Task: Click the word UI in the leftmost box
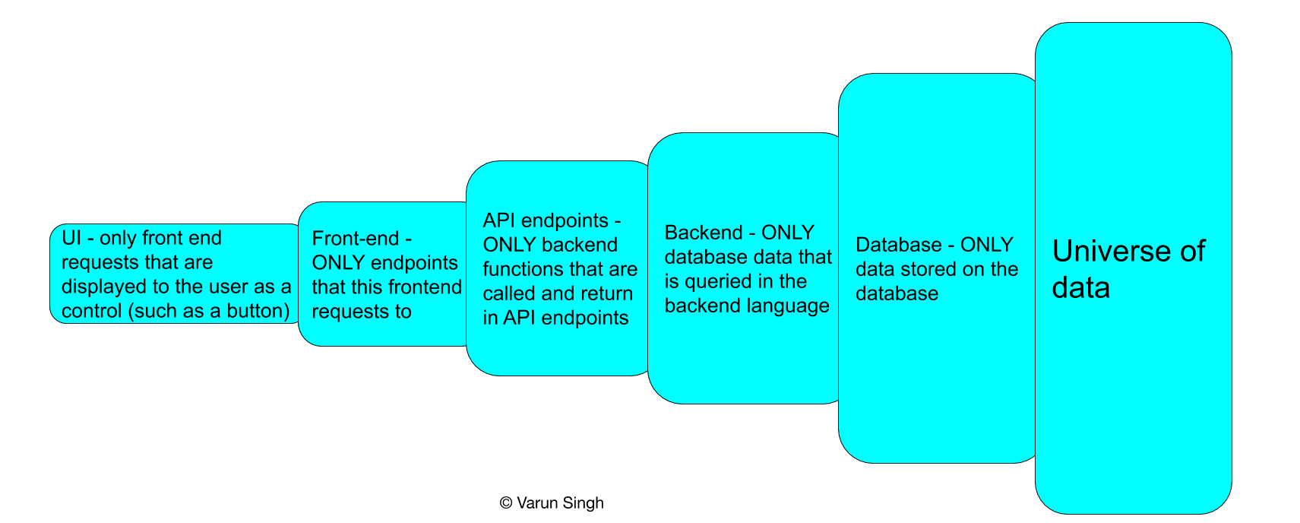[x=71, y=238]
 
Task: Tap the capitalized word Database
[x=898, y=245]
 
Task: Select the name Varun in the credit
[x=538, y=503]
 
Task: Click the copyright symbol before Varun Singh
[x=506, y=503]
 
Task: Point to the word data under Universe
[x=1080, y=288]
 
